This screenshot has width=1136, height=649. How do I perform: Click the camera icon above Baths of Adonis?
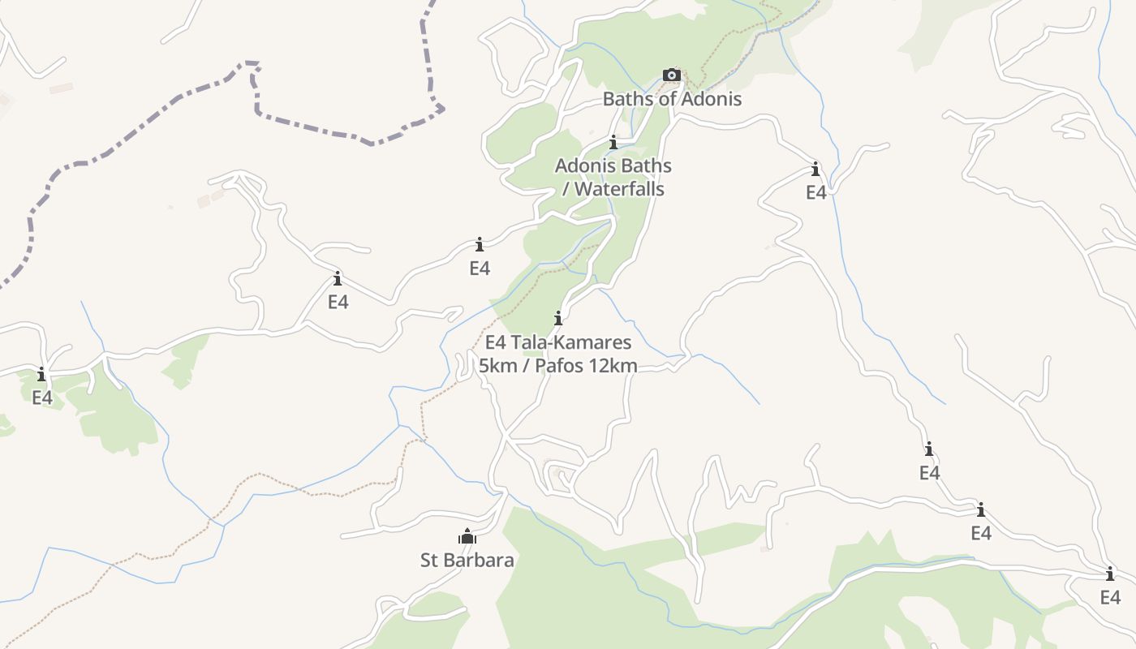[x=671, y=75]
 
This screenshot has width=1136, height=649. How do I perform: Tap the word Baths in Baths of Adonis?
[x=626, y=99]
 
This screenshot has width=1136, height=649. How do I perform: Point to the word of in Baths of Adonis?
[x=666, y=99]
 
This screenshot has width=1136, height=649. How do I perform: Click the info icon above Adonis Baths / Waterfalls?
[x=613, y=143]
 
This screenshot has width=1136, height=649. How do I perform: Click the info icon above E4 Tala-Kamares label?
[x=558, y=318]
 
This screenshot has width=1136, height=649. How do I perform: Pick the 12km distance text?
[x=615, y=366]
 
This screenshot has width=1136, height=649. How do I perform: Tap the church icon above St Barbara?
[x=467, y=536]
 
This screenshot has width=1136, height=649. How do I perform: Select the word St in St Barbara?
[x=430, y=560]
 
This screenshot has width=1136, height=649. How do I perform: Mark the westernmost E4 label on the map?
[x=42, y=398]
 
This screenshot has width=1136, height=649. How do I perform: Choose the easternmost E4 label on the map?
[x=1110, y=598]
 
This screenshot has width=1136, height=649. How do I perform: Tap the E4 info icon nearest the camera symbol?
[x=815, y=169]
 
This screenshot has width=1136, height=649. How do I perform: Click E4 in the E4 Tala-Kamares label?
[x=497, y=342]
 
